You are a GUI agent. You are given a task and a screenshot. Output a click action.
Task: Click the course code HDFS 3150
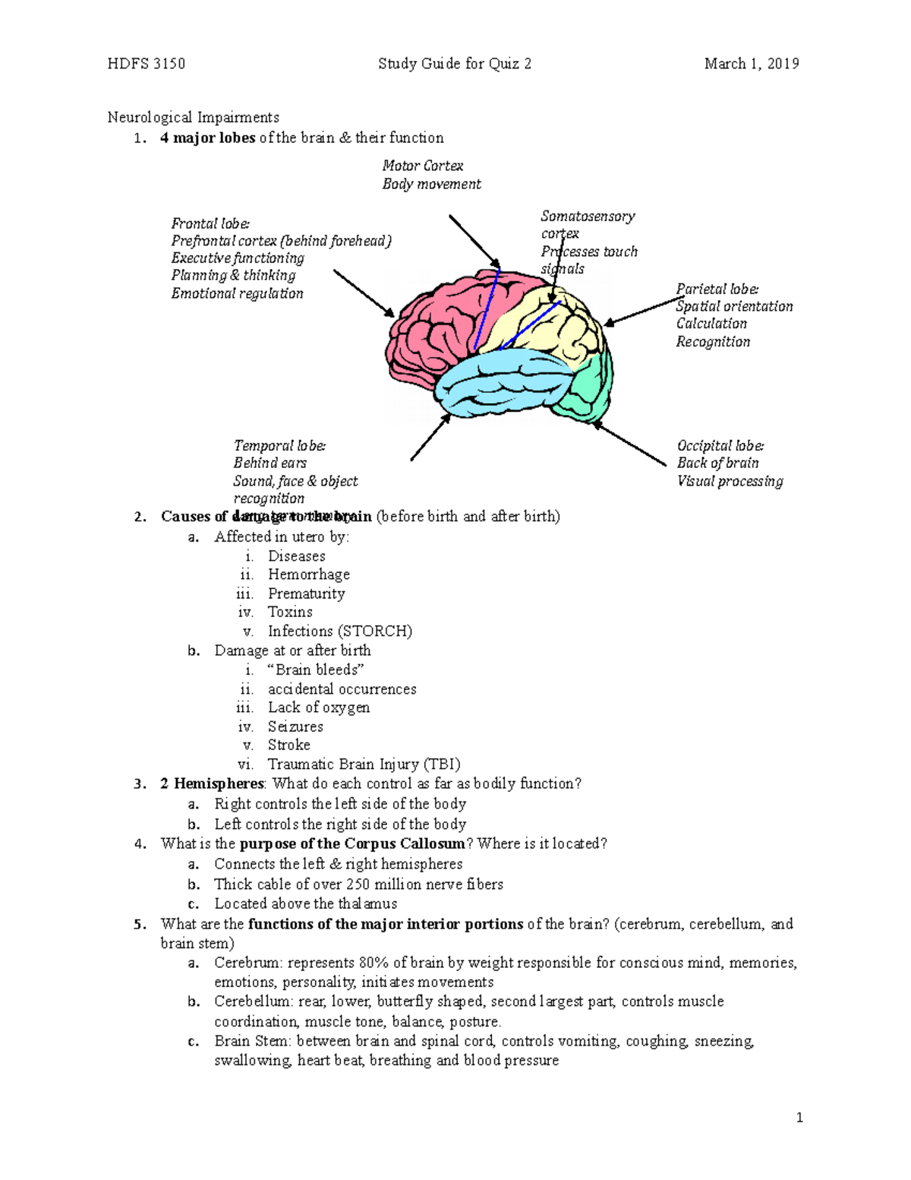point(147,64)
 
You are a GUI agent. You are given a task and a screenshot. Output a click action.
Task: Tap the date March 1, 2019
point(751,64)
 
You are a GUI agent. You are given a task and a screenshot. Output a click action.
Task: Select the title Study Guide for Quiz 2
point(455,64)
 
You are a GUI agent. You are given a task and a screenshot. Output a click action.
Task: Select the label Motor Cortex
point(422,166)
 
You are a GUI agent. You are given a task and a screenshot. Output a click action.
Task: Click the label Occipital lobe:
point(720,446)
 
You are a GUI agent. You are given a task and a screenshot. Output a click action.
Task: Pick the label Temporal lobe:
point(279,446)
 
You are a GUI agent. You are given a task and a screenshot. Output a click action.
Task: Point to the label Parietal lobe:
point(717,289)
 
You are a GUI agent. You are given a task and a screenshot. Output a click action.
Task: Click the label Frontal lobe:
point(210,223)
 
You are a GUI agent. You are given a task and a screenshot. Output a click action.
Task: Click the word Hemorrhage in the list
point(308,574)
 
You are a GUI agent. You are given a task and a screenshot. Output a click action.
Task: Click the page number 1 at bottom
point(799,1118)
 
